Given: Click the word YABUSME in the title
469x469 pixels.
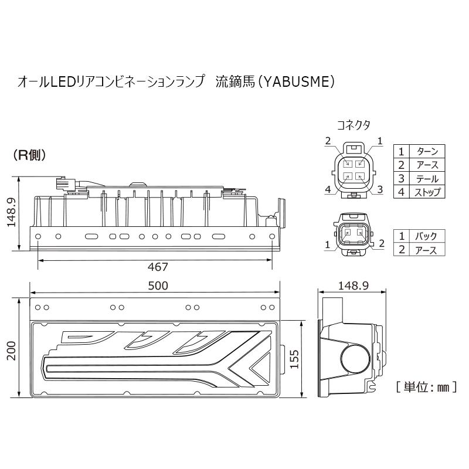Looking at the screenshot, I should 297,82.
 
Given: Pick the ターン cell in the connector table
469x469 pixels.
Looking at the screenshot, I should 427,151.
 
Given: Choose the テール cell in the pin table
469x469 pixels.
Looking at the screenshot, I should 427,178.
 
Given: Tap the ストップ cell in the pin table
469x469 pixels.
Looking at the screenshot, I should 427,192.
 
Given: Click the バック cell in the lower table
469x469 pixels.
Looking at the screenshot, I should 426,236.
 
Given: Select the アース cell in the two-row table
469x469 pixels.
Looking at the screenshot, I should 426,250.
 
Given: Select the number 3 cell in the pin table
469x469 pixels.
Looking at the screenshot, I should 402,178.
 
